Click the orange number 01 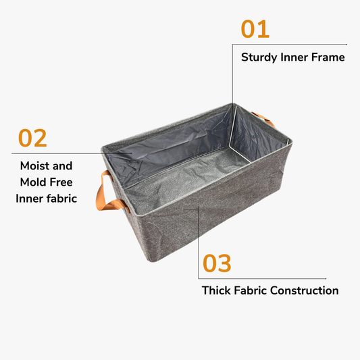[x=255, y=29]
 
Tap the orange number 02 [x=32, y=138]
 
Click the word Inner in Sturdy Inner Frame [x=294, y=57]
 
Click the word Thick [x=217, y=291]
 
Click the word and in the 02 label [x=63, y=165]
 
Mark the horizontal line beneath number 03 [x=263, y=278]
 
